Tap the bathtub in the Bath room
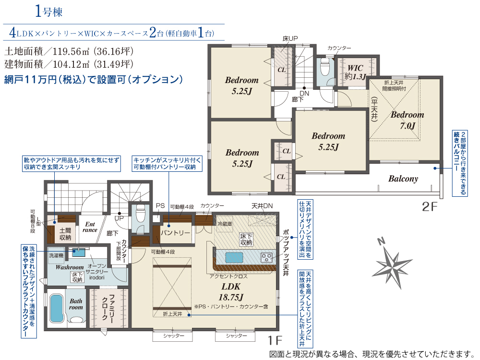coord(56,308)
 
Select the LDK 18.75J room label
coord(231,292)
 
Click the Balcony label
coord(403,179)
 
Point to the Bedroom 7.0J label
coord(408,120)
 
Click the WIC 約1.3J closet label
coord(355,72)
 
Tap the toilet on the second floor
coord(324,67)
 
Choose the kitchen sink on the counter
coord(234,257)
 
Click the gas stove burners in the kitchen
coord(266,257)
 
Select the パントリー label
coord(175,233)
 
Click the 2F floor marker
coord(430,206)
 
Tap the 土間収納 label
coord(65,234)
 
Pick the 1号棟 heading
coord(48,11)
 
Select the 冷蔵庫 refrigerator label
coord(224,224)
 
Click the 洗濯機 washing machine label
coord(56,255)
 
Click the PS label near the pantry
coord(160,206)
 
